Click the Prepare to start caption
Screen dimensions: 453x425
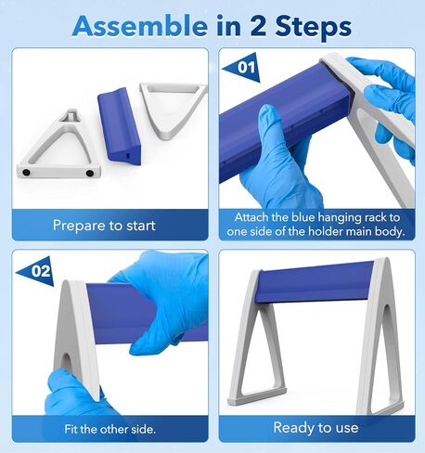[104, 225]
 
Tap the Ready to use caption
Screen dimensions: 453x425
[316, 427]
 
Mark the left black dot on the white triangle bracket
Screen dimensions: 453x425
[27, 173]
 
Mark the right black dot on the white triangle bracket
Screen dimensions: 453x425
[90, 173]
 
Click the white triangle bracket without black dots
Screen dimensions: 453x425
[174, 109]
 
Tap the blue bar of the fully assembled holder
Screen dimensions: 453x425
[315, 281]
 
